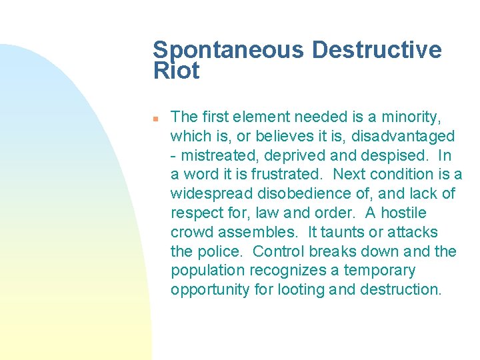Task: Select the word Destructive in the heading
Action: click(x=377, y=51)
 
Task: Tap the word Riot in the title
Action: click(x=176, y=71)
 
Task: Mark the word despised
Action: click(x=399, y=156)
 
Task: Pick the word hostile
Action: click(x=404, y=213)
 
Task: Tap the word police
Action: click(x=221, y=252)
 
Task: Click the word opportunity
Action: click(x=204, y=290)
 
